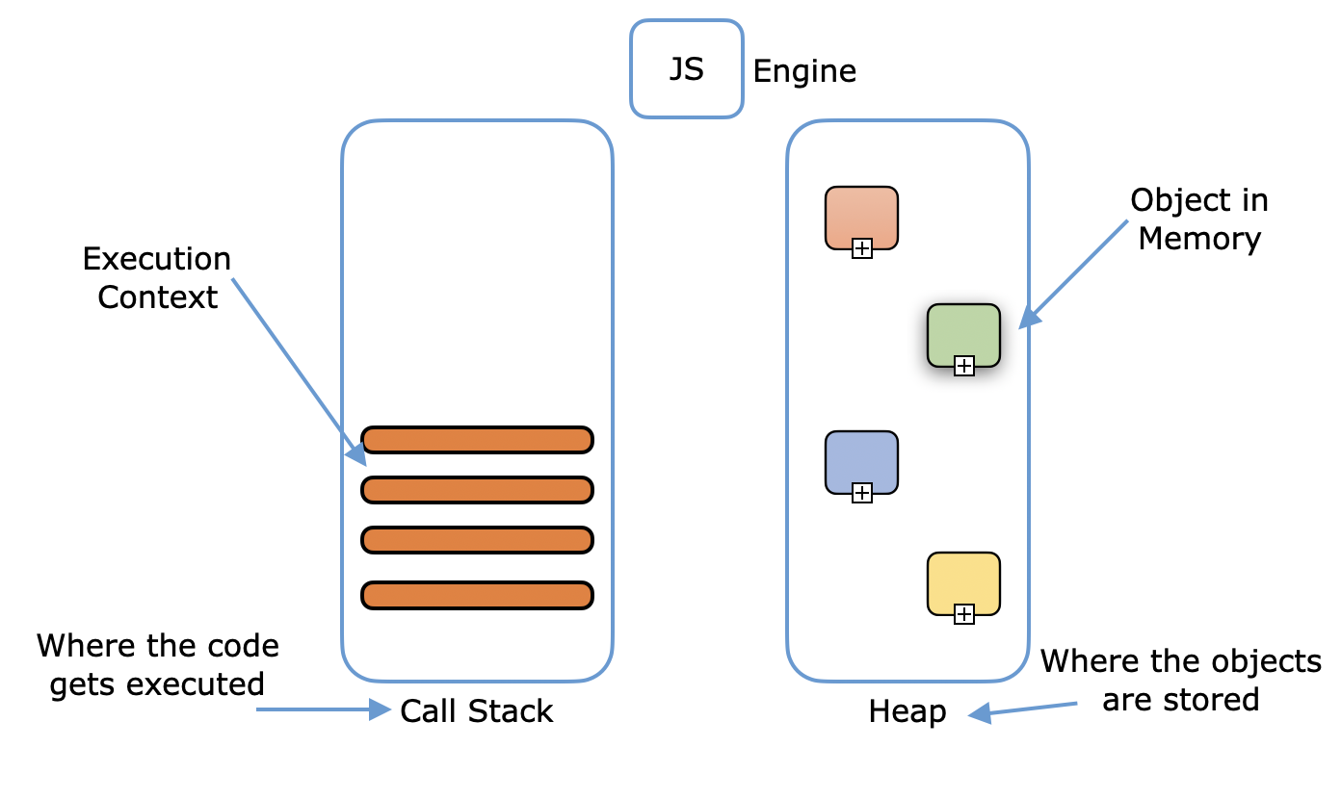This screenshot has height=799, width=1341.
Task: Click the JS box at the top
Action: (686, 69)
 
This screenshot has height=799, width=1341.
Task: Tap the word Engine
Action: (803, 71)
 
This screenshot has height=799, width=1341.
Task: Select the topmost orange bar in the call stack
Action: (477, 440)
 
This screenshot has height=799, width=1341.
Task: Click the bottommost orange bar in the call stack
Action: (477, 595)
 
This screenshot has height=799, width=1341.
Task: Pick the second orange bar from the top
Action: (477, 490)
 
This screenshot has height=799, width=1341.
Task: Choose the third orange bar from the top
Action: (477, 540)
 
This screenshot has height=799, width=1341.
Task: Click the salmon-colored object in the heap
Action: (861, 214)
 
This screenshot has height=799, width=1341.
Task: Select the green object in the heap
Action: (963, 332)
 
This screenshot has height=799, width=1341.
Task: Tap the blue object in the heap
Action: (861, 459)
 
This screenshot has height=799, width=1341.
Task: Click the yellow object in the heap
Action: (963, 580)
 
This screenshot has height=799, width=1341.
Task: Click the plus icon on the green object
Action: (963, 365)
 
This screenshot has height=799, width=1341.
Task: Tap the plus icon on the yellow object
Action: (963, 613)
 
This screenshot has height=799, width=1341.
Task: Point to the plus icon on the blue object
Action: (862, 493)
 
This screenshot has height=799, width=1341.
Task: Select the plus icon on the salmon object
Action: (862, 248)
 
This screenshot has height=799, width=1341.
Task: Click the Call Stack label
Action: (477, 711)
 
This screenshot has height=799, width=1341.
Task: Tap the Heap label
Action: (907, 711)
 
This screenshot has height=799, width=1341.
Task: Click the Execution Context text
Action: (157, 277)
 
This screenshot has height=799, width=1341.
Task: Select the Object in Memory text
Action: (1198, 219)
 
